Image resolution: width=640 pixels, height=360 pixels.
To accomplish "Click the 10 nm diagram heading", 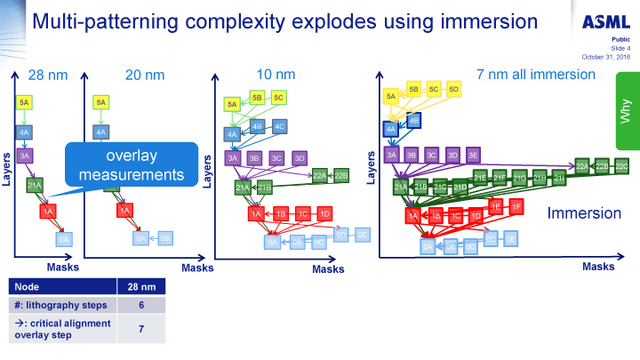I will (276, 75).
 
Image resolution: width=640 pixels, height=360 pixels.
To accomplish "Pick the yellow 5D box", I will (454, 89).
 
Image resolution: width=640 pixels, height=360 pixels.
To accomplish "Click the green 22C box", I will (621, 166).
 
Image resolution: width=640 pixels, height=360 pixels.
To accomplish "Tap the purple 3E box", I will (473, 155).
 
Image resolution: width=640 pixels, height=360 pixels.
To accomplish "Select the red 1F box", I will (516, 206).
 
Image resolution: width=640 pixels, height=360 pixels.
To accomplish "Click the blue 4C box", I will (279, 127).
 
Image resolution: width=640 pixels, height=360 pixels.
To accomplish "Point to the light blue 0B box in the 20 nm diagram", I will (164, 237).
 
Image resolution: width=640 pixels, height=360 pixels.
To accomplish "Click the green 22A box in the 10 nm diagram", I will (319, 175).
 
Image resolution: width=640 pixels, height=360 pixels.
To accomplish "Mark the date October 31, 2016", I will (606, 57).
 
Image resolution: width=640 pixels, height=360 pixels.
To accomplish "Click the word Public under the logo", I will (621, 41).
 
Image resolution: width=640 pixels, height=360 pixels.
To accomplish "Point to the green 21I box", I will (559, 179).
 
